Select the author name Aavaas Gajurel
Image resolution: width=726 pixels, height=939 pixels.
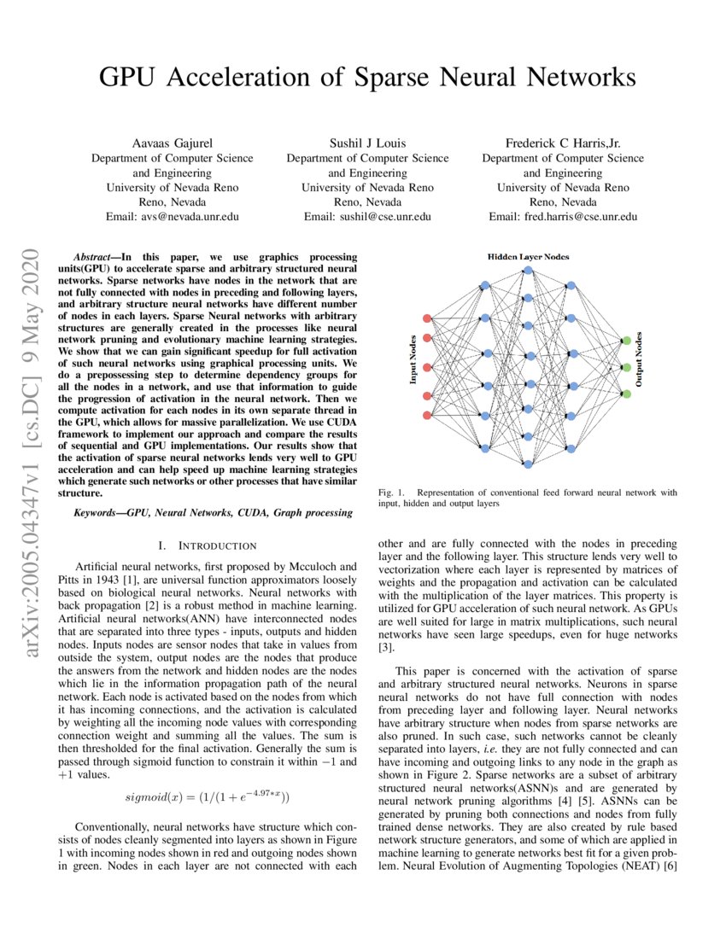click(x=172, y=143)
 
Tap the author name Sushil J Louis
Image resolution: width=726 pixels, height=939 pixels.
click(x=367, y=143)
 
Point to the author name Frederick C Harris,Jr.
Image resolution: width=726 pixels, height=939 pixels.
click(x=563, y=143)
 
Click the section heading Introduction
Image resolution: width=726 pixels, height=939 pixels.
click(x=214, y=545)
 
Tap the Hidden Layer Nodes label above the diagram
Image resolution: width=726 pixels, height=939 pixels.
click(x=528, y=256)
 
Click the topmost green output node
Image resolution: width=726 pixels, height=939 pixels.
click(x=627, y=341)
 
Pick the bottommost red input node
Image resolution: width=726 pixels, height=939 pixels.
click(x=428, y=416)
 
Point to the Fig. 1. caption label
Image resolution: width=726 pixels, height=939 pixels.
click(x=389, y=493)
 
